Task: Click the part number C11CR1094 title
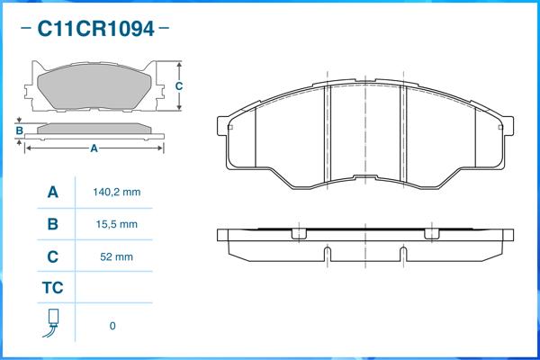point(95,29)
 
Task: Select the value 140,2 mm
point(117,192)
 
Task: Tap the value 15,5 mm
point(117,224)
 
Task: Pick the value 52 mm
point(116,256)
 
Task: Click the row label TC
point(53,288)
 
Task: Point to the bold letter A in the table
point(53,192)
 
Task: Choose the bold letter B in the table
point(53,224)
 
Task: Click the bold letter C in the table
point(53,256)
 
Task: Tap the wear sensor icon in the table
point(52,323)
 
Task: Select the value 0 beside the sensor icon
point(112,326)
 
